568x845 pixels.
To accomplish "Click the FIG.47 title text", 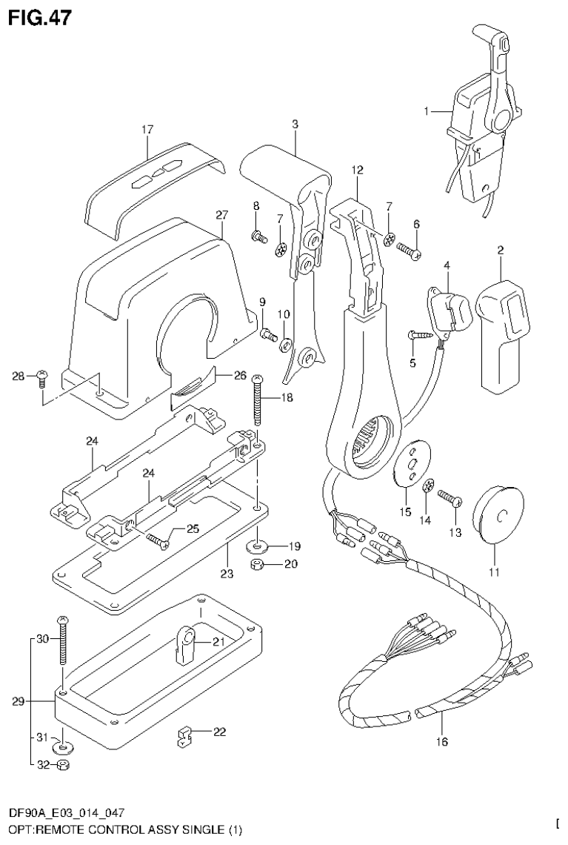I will pyautogui.click(x=40, y=18).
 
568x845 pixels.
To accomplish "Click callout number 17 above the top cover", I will pyautogui.click(x=147, y=130).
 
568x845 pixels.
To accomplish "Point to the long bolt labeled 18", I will pyautogui.click(x=258, y=401).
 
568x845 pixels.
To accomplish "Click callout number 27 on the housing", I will pyautogui.click(x=221, y=215).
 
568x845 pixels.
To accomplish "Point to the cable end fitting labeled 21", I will pyautogui.click(x=184, y=642).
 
